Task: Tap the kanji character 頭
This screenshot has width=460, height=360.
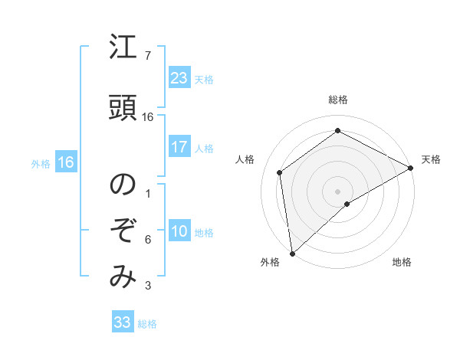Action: pos(123,107)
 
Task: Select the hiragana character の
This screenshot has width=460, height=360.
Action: pos(123,185)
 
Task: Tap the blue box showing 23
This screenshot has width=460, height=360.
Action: pos(179,78)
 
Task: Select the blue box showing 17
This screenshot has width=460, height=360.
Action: pos(179,147)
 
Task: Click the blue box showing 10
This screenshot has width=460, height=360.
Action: pos(179,232)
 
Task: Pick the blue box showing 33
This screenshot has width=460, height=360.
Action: pos(123,322)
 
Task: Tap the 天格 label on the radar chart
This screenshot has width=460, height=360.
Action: pos(431,159)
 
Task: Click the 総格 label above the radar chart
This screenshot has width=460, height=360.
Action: pos(338,100)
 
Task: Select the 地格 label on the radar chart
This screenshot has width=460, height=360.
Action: pos(402,263)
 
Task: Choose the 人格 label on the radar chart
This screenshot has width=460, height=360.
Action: pos(245,159)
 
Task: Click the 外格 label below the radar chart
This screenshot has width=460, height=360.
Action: pos(270,263)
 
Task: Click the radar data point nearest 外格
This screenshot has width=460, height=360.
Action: pos(292,253)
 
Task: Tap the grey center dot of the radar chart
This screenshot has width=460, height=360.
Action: pos(337,191)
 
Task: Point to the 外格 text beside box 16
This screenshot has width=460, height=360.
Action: pos(41,163)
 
